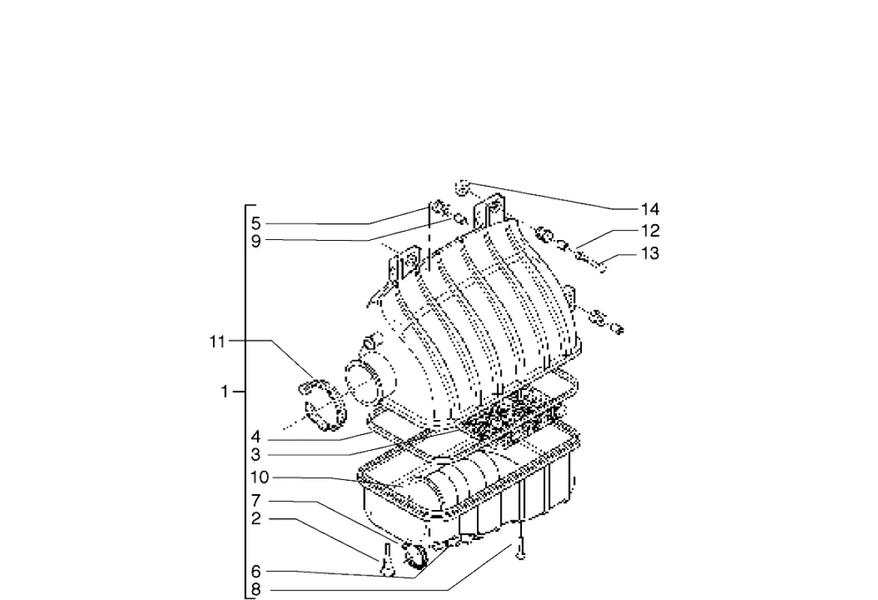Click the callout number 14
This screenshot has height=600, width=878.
pyautogui.click(x=649, y=209)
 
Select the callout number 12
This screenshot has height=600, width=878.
pyautogui.click(x=649, y=231)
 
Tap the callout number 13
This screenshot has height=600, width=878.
pyautogui.click(x=649, y=253)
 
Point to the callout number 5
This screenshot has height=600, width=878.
pyautogui.click(x=256, y=224)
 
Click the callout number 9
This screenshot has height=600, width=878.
pyautogui.click(x=256, y=242)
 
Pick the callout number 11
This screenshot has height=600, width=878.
pyautogui.click(x=217, y=341)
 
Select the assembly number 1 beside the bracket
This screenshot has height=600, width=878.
pyautogui.click(x=224, y=391)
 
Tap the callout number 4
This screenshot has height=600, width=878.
pyautogui.click(x=256, y=437)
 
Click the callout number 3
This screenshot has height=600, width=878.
pyautogui.click(x=256, y=454)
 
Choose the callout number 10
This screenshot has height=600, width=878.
pyautogui.click(x=260, y=478)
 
